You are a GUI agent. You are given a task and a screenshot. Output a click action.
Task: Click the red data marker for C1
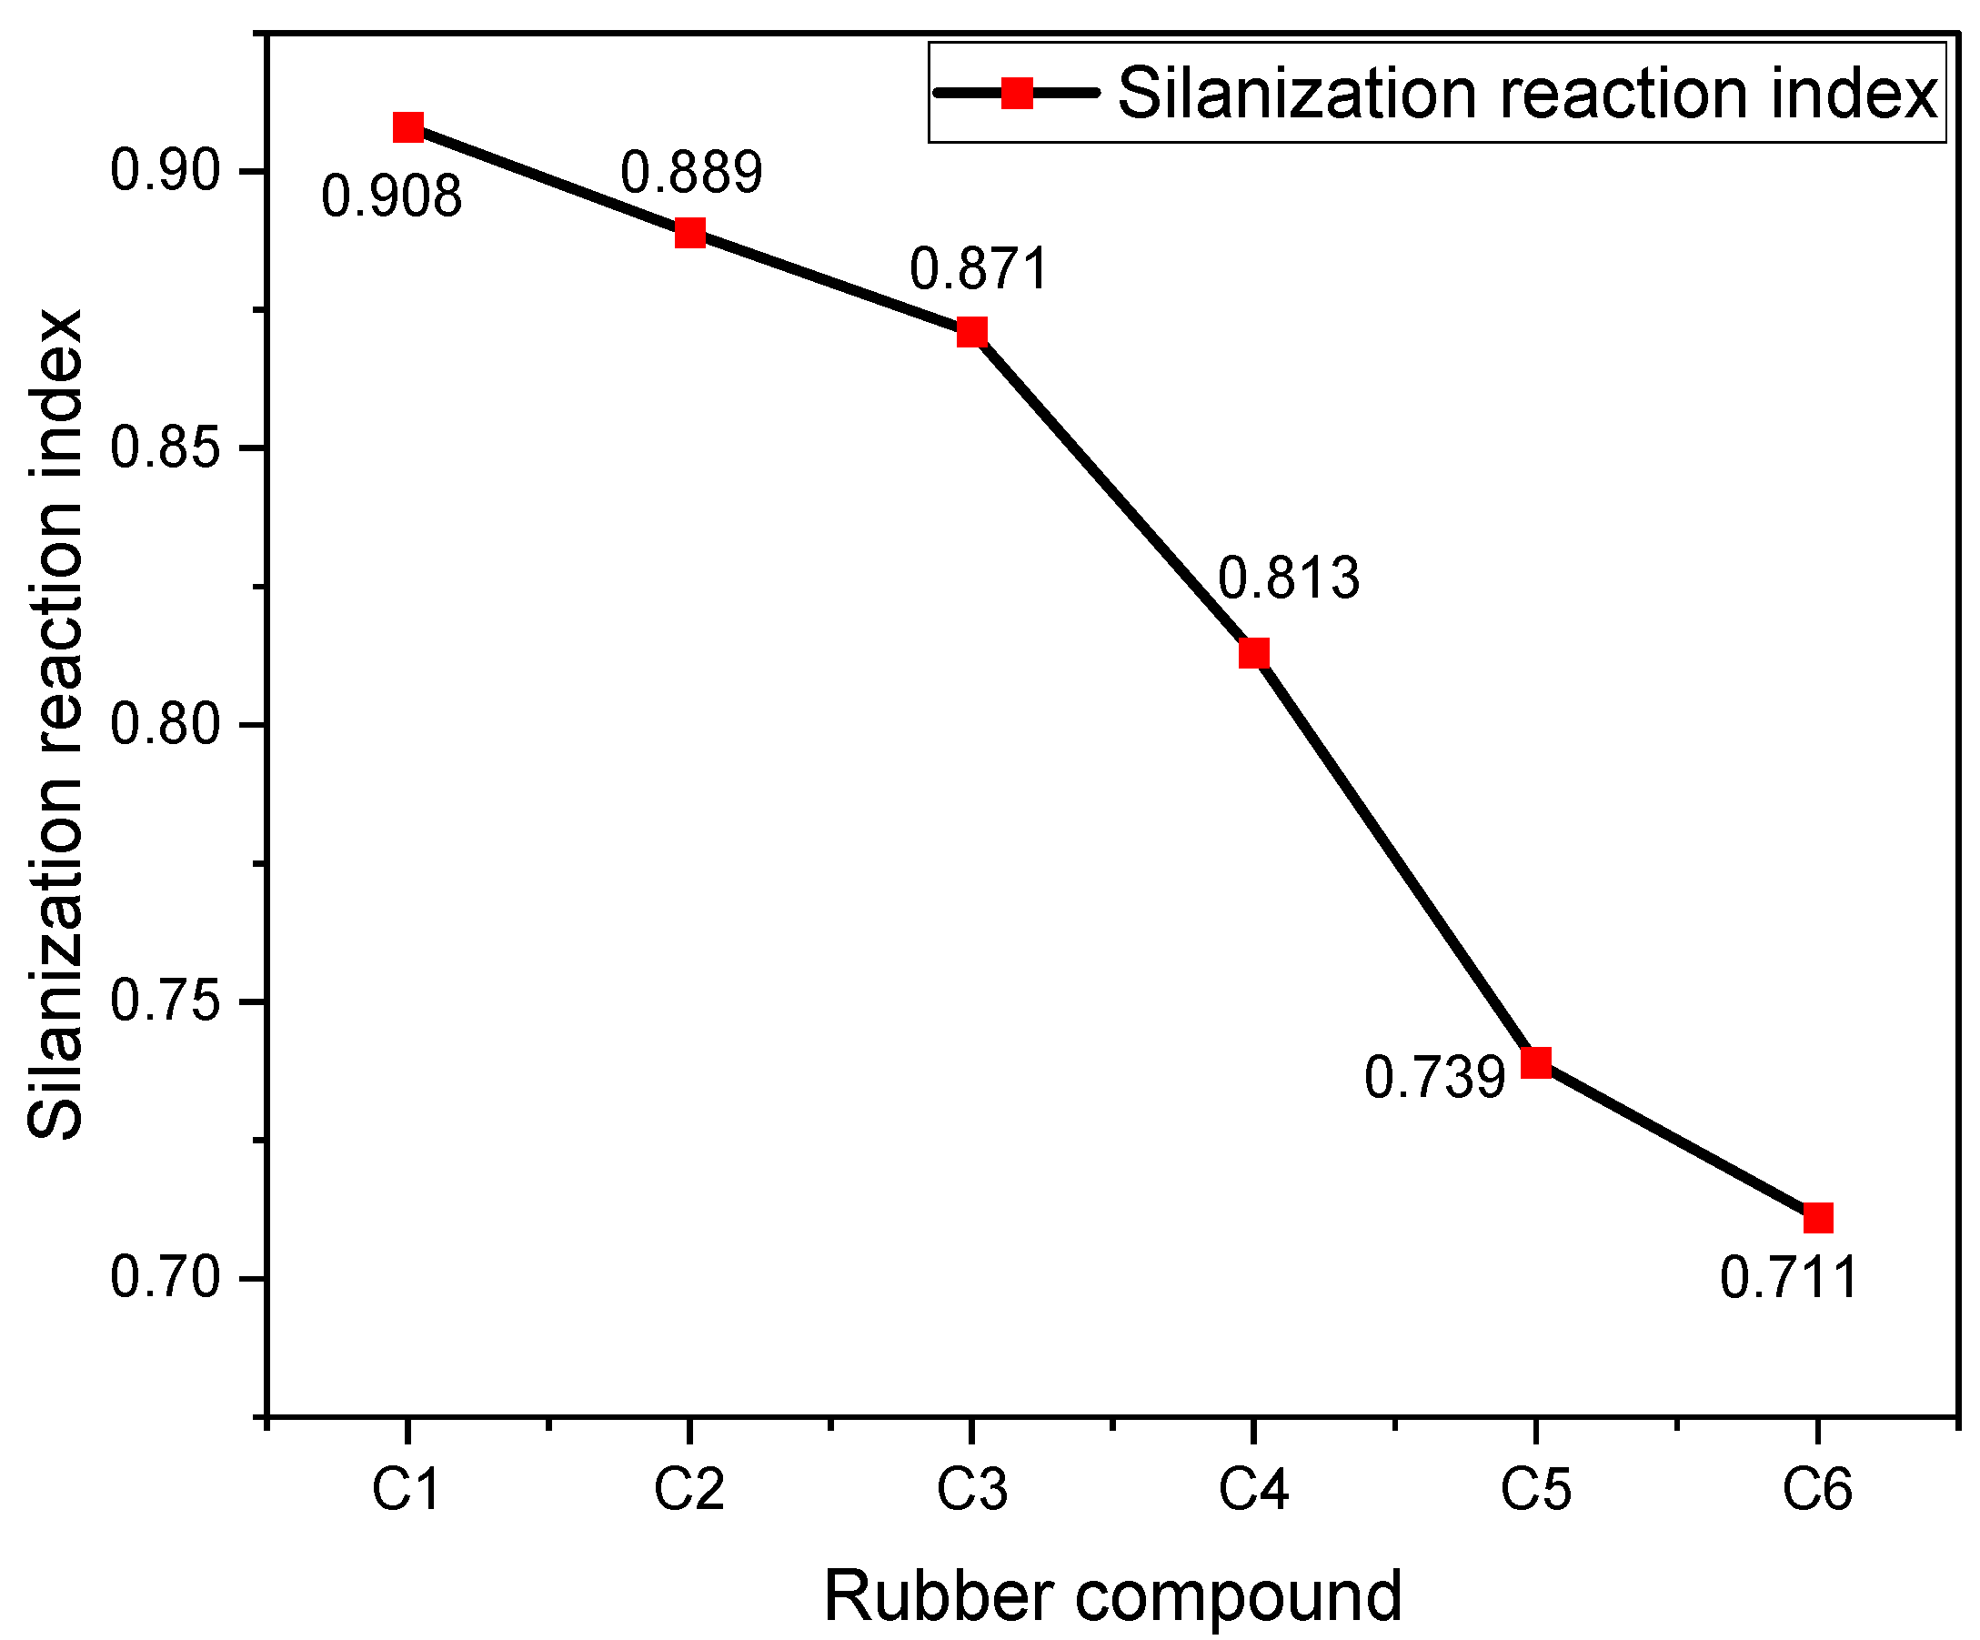[x=408, y=126]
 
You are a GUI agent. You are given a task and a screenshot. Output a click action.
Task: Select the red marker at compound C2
[x=690, y=232]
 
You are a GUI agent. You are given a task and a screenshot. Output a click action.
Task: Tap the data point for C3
[x=972, y=332]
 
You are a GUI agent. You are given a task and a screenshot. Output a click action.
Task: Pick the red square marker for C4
[x=1254, y=652]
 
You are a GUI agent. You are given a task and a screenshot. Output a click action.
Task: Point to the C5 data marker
[x=1536, y=1061]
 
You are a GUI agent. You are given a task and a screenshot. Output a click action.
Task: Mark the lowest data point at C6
[x=1818, y=1218]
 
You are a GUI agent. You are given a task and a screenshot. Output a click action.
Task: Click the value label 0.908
[x=391, y=197]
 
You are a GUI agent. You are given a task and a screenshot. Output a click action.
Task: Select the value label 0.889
[x=691, y=173]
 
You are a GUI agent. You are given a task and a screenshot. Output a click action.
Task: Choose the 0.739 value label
[x=1435, y=1077]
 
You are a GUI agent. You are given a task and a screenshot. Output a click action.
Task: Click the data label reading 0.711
[x=1789, y=1279]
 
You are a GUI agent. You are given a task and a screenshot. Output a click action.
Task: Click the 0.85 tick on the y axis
[x=165, y=447]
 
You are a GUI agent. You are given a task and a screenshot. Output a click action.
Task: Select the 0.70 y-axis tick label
[x=165, y=1279]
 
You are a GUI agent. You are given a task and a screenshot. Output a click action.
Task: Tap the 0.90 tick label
[x=165, y=172]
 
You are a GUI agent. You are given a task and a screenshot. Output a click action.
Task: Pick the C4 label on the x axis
[x=1253, y=1491]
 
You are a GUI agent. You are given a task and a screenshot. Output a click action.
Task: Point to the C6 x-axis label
[x=1817, y=1491]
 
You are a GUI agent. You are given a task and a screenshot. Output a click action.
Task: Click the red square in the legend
[x=1017, y=93]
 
